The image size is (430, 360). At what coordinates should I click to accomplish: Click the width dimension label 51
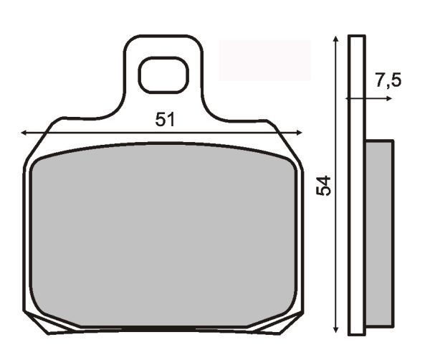point(165,120)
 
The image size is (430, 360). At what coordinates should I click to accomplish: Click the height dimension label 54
point(323,186)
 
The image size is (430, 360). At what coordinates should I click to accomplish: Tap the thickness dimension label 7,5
point(388,80)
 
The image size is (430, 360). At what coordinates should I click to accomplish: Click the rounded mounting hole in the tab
point(163,75)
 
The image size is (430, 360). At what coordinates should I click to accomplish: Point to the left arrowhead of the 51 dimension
point(24,133)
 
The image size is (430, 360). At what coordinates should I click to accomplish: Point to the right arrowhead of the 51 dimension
point(299,133)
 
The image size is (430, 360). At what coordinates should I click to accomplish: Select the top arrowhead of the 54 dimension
point(335,39)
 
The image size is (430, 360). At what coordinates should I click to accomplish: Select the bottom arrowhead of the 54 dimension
point(335,329)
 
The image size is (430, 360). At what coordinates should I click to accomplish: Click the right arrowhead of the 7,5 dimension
point(389,98)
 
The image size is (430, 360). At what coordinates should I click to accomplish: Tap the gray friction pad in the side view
point(380,233)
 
